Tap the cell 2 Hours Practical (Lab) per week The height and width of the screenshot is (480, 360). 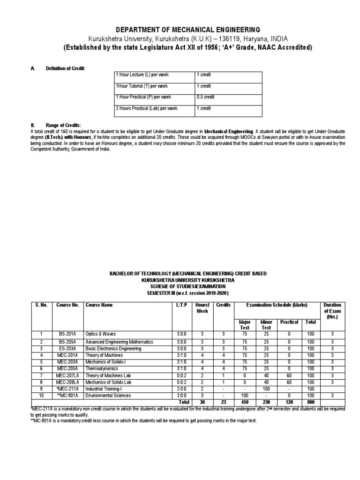[x=147, y=108]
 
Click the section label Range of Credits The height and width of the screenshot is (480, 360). [x=63, y=125]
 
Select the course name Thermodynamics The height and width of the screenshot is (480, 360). [x=101, y=369]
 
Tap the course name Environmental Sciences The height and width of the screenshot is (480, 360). [x=108, y=396]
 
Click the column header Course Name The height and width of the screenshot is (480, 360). [x=99, y=305]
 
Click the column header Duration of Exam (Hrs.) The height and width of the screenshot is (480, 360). [x=332, y=311]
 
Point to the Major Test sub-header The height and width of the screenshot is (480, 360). [x=244, y=325]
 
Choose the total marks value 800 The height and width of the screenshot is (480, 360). [x=310, y=402]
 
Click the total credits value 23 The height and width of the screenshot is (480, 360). [x=223, y=402]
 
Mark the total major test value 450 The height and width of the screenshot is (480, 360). [x=244, y=402]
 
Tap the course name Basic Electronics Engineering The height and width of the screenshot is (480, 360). [x=112, y=348]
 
